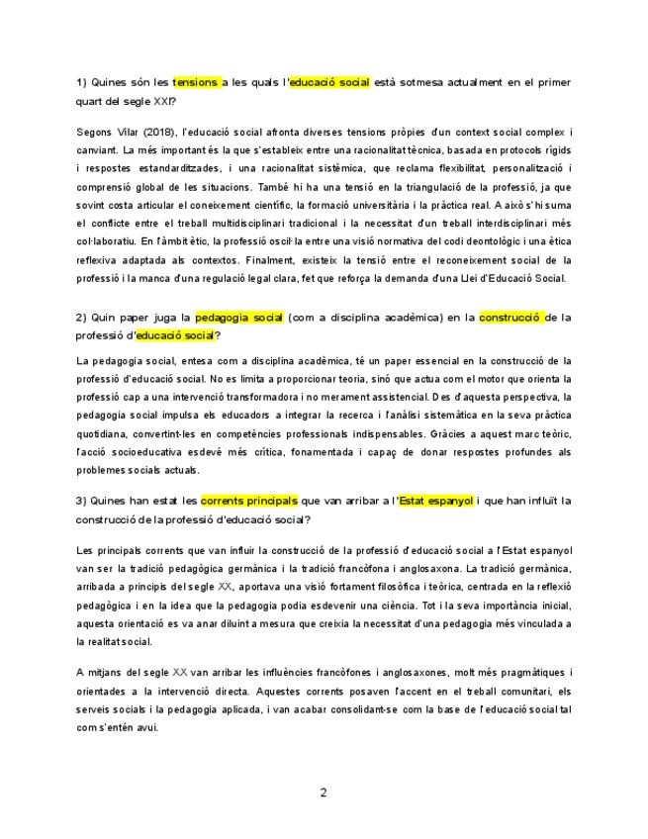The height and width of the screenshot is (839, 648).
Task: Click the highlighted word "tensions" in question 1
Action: (195, 83)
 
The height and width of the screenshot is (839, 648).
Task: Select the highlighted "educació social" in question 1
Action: (328, 83)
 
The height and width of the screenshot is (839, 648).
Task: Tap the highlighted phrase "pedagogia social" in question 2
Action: (239, 318)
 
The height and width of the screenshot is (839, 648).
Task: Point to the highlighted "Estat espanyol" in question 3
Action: (435, 501)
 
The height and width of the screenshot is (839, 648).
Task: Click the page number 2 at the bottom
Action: (324, 792)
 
